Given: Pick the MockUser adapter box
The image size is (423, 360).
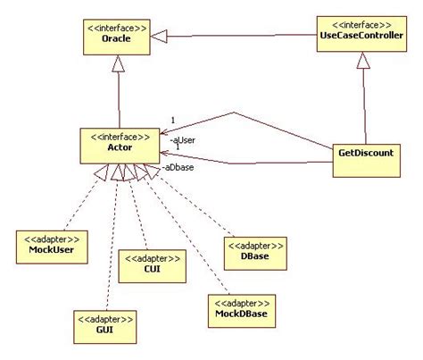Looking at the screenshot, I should click(49, 246).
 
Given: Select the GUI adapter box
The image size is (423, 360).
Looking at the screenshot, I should click(104, 324).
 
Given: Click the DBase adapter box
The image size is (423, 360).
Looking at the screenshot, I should click(255, 250).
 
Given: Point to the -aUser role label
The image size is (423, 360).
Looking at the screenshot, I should click(184, 139).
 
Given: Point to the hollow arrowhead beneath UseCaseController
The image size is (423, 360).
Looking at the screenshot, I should click(363, 59).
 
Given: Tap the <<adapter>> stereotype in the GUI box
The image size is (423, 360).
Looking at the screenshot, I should click(104, 318).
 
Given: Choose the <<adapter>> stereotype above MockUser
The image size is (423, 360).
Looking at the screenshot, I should click(49, 239).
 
